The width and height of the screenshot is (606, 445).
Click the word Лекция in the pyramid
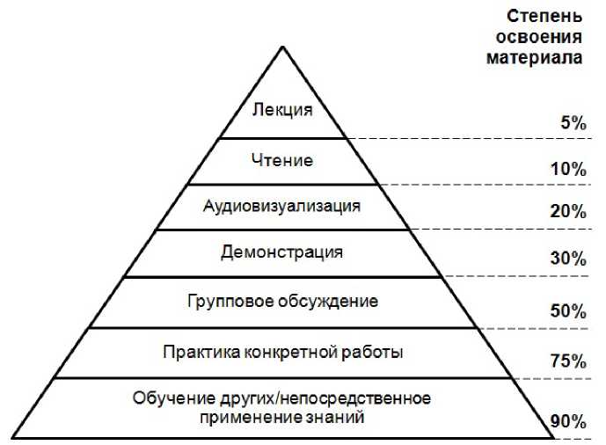pyautogui.click(x=281, y=111)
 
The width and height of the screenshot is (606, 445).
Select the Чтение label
pyautogui.click(x=281, y=161)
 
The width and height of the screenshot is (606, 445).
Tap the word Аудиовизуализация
pyautogui.click(x=281, y=207)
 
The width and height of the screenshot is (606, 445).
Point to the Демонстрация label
pyautogui.click(x=281, y=253)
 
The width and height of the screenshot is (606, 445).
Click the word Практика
pyautogui.click(x=199, y=353)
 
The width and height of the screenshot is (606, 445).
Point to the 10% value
pyautogui.click(x=568, y=170)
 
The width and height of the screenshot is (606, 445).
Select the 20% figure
pyautogui.click(x=568, y=212)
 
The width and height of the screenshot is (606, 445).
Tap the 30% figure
pyautogui.click(x=568, y=259)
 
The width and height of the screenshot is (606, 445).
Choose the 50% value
pyautogui.click(x=568, y=310)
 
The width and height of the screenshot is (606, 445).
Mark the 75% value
pyautogui.click(x=568, y=361)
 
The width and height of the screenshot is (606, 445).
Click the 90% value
pyautogui.click(x=568, y=423)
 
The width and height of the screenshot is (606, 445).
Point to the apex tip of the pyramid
pyautogui.click(x=281, y=47)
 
